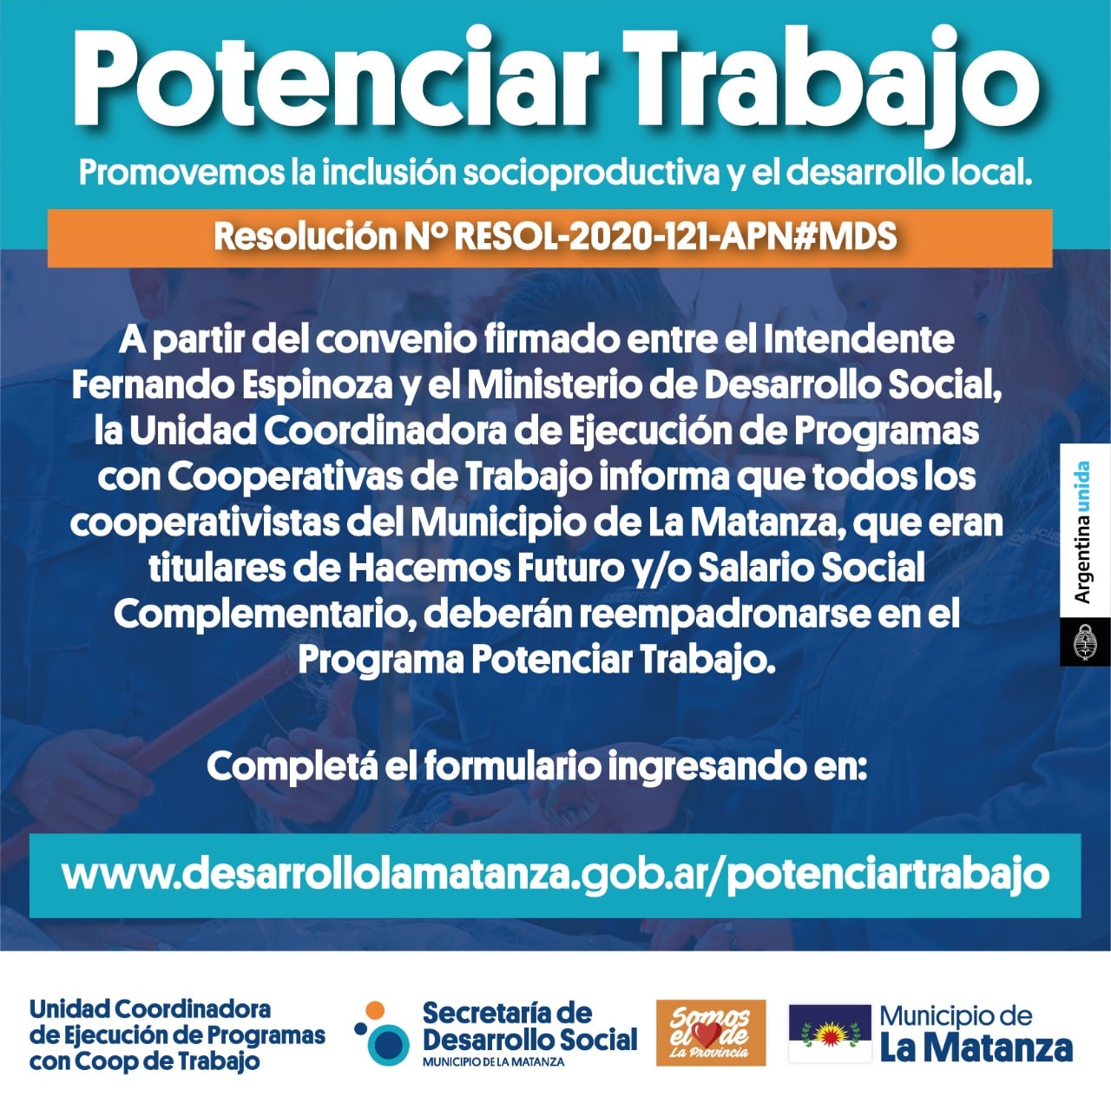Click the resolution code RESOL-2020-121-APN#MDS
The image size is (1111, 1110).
675,237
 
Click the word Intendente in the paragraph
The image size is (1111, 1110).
858,339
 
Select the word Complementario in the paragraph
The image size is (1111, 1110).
266,614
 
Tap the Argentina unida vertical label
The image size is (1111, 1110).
1083,532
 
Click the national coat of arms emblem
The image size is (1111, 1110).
1083,641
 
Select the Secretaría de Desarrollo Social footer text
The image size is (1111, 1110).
529,1028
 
